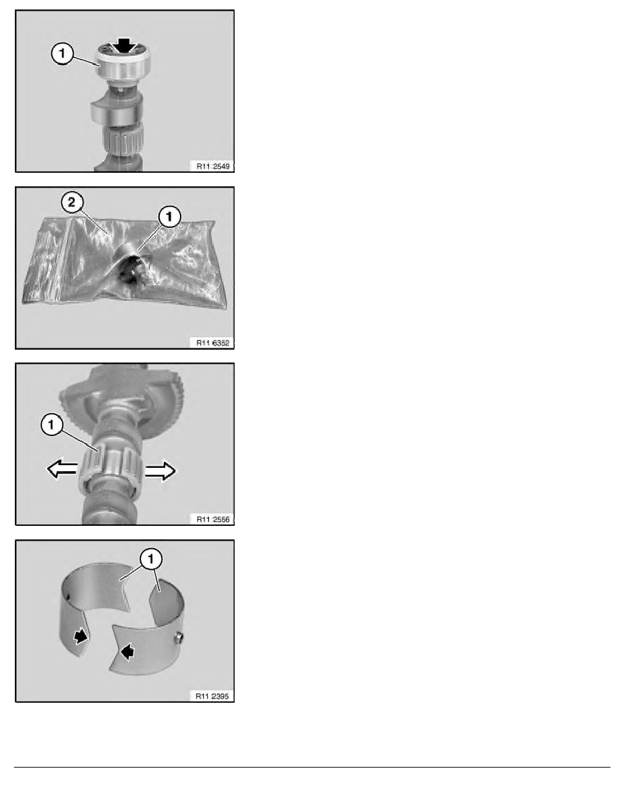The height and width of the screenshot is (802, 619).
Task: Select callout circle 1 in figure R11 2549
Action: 62,54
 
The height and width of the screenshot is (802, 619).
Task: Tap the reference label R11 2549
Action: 213,166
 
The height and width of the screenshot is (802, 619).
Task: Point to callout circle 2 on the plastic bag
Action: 72,203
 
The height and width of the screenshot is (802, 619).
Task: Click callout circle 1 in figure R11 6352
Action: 169,217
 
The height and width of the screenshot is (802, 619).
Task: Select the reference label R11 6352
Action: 213,343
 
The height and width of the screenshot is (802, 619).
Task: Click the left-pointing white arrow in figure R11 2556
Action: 62,468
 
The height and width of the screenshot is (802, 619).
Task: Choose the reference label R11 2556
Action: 213,519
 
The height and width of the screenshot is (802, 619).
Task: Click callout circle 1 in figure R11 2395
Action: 150,560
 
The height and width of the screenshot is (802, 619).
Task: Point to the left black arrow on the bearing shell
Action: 80,637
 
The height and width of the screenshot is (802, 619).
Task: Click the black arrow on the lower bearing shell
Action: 127,651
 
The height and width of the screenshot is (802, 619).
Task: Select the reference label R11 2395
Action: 213,695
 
